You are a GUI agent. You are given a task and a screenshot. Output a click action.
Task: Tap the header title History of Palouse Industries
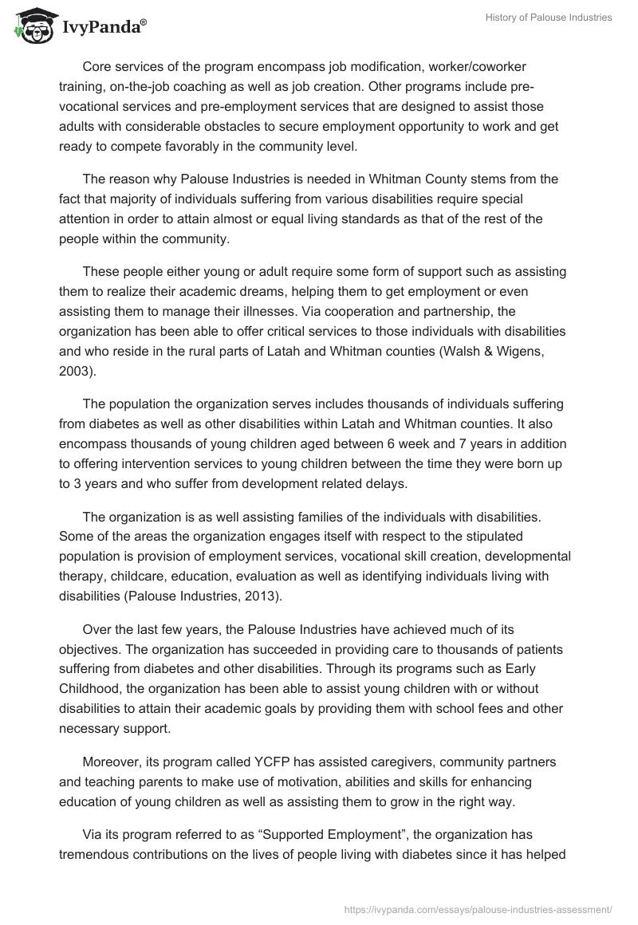549,18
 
